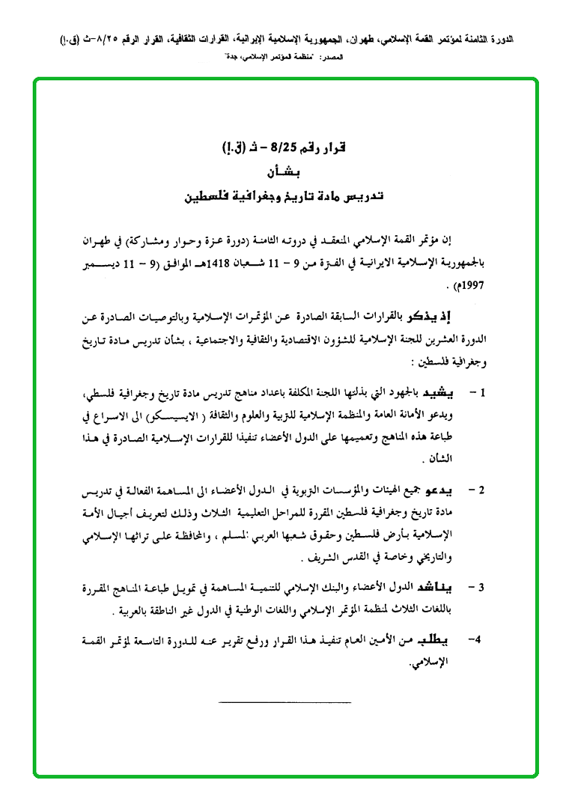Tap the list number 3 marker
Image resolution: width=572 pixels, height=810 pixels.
(x=483, y=586)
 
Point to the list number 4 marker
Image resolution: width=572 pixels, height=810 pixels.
(x=474, y=640)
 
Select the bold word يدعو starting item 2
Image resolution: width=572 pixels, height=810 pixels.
(x=439, y=490)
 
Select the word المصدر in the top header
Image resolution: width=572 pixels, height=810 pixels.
(x=329, y=57)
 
